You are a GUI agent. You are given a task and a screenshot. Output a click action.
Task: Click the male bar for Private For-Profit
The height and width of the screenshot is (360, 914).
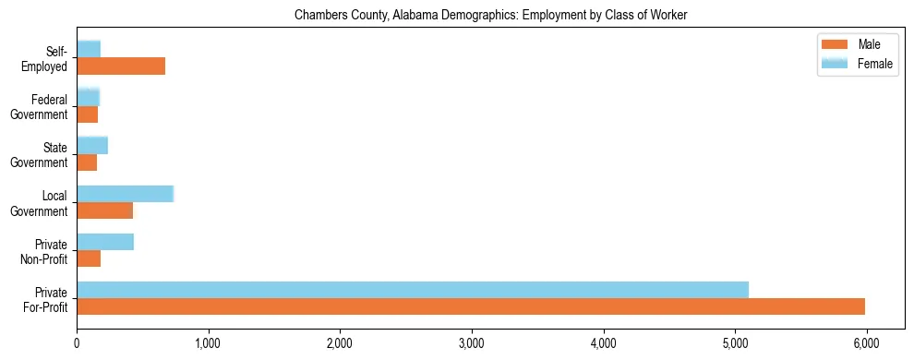pyautogui.click(x=471, y=306)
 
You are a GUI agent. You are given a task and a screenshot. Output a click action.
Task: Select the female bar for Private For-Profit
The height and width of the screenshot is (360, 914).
pyautogui.click(x=413, y=289)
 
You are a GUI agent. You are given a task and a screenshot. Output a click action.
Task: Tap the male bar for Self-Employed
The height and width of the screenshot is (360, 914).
pyautogui.click(x=121, y=66)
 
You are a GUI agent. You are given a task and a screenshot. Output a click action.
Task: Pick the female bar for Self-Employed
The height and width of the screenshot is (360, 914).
pyautogui.click(x=89, y=49)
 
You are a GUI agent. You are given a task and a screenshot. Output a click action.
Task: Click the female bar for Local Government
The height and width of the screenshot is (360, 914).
pyautogui.click(x=125, y=193)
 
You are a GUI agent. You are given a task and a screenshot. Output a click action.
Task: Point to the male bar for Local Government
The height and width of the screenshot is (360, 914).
pyautogui.click(x=104, y=210)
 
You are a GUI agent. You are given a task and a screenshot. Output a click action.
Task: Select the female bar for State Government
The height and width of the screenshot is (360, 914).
pyautogui.click(x=92, y=145)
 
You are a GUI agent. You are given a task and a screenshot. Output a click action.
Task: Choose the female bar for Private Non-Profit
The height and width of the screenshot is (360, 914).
pyautogui.click(x=105, y=241)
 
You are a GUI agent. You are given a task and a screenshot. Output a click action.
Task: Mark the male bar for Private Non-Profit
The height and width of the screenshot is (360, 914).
pyautogui.click(x=89, y=258)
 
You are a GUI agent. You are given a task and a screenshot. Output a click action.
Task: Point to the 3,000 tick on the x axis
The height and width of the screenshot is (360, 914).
pyautogui.click(x=472, y=342)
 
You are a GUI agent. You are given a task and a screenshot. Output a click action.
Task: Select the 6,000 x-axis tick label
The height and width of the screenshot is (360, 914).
pyautogui.click(x=866, y=342)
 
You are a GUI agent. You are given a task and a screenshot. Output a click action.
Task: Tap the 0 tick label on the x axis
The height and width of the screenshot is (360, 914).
pyautogui.click(x=77, y=342)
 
